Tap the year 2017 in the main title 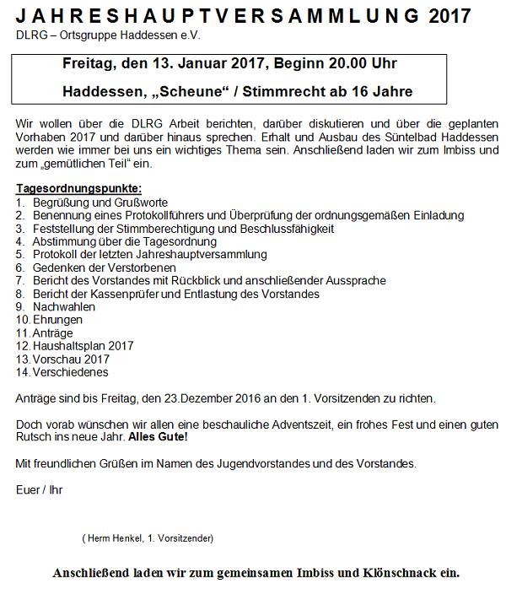pos(449,17)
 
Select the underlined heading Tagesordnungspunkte pos(78,188)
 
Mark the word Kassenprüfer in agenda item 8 pos(129,294)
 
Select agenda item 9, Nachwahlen pos(64,307)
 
